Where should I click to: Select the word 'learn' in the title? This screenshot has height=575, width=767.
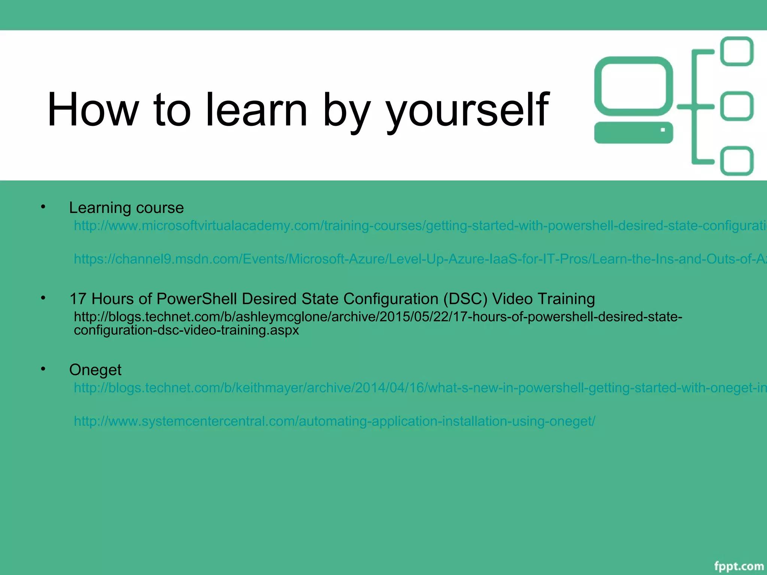coord(257,110)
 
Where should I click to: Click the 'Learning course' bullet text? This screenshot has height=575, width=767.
coord(126,208)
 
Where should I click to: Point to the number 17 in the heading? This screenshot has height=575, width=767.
coord(78,299)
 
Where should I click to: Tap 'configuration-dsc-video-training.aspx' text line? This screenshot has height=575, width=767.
coord(186,330)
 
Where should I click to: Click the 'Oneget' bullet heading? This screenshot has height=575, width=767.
coord(95,370)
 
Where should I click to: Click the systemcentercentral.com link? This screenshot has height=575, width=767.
coord(334,421)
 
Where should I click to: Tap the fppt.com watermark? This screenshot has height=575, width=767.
coord(739,566)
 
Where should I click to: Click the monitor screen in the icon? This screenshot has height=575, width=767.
coord(633,86)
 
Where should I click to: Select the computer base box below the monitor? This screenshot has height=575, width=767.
coord(633,133)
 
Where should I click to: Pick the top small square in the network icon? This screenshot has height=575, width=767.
coord(737,51)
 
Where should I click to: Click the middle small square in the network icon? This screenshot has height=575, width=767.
coord(737,106)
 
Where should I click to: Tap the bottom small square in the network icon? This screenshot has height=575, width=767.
coord(737,161)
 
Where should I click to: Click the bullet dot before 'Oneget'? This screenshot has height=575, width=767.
coord(43,369)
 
